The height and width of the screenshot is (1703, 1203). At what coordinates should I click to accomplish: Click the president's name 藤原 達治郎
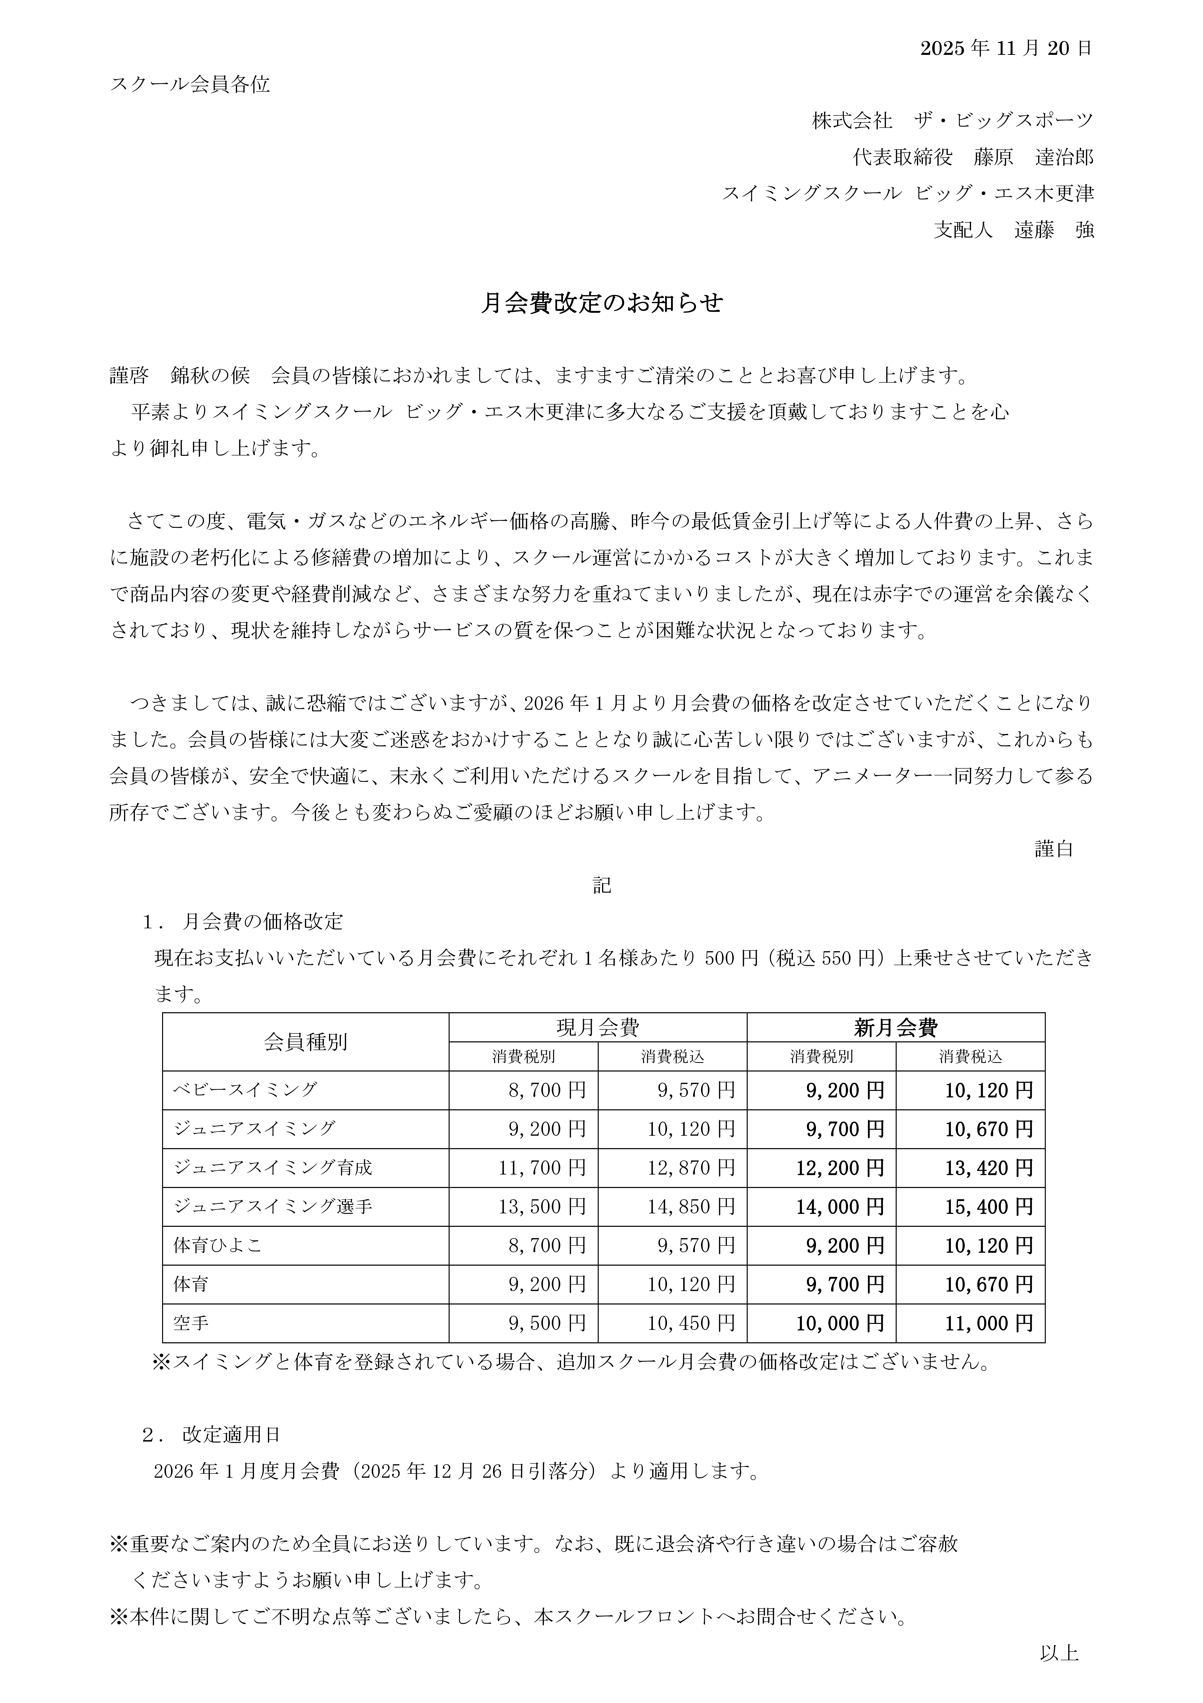tap(1034, 157)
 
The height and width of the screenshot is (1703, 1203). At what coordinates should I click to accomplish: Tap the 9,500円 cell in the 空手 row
tap(547, 1323)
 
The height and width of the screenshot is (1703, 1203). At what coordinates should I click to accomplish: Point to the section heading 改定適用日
tap(231, 1435)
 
